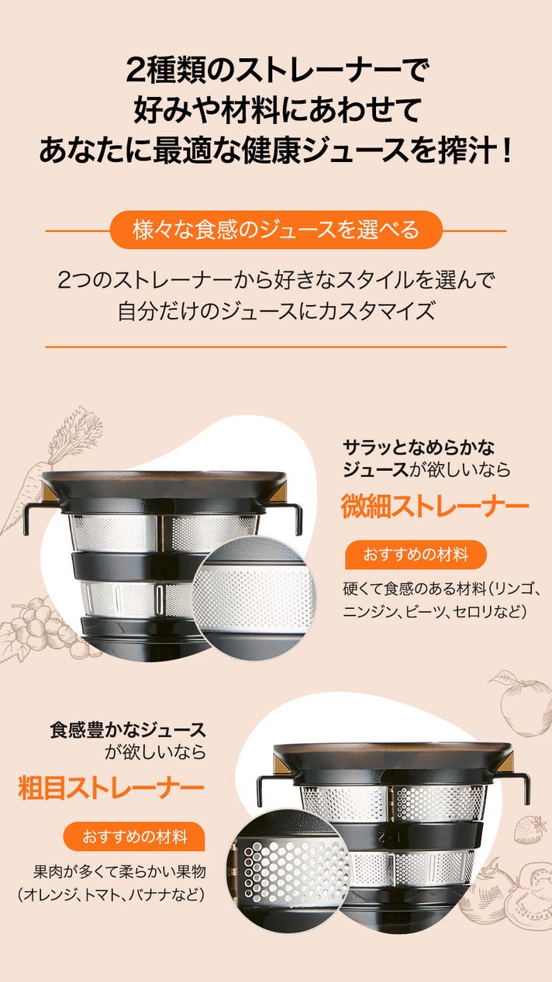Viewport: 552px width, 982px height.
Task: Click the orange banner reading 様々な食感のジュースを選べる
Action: pos(275,230)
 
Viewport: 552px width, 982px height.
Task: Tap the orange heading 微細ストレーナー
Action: pos(435,507)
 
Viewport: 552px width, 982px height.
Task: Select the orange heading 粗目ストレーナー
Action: pos(111,788)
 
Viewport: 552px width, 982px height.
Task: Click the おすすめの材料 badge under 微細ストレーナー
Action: pos(416,555)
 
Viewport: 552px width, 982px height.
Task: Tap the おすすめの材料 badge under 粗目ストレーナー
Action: pos(134,836)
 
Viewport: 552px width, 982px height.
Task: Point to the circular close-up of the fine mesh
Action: pos(254,598)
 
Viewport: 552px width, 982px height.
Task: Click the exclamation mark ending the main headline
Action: pos(507,150)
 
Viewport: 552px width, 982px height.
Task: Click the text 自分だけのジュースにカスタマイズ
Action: pos(276,310)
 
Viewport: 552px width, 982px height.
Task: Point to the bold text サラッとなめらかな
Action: pos(419,448)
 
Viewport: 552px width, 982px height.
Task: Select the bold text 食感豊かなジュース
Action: pos(127,731)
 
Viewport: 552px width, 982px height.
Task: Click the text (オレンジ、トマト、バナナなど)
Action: pos(112,894)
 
